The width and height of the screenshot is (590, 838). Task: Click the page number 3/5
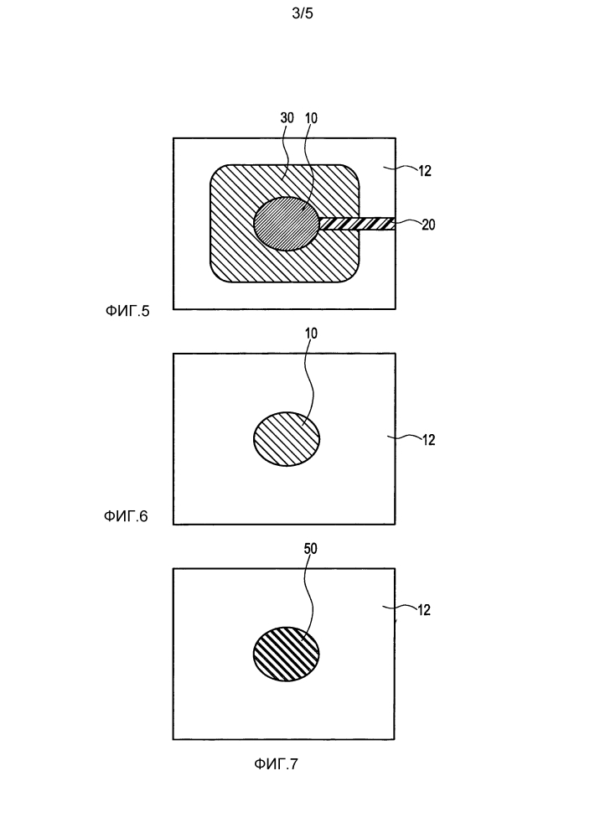[x=303, y=13]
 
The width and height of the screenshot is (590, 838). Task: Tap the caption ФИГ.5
[x=127, y=311]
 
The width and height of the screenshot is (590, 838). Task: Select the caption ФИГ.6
[x=126, y=516]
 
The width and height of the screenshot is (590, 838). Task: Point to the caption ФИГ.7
[x=276, y=763]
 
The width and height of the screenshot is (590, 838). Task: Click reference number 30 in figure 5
[x=287, y=117]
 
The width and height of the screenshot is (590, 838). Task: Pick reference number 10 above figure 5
[x=310, y=117]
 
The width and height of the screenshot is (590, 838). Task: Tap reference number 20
[x=428, y=225]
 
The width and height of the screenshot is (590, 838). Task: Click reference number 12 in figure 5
[x=424, y=171]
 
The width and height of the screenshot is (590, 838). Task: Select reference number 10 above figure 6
[x=310, y=333]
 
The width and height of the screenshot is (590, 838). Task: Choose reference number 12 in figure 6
[x=428, y=440]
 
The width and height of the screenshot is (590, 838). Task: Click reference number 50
[x=310, y=548]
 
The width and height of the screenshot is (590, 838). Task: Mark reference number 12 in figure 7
[x=424, y=610]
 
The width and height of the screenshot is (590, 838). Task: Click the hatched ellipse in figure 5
[x=286, y=224]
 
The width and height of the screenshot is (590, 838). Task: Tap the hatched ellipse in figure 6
[x=286, y=439]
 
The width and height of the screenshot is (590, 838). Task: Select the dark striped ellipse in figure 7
[x=286, y=654]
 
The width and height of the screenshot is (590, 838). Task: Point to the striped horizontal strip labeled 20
[x=357, y=224]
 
